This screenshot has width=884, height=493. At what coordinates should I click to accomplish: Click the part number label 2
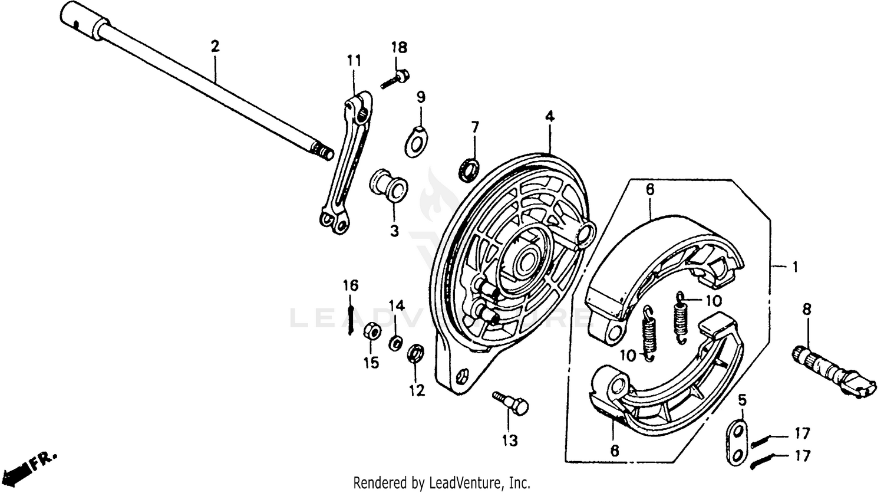pos(215,46)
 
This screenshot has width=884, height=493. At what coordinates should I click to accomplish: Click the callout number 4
pos(549,117)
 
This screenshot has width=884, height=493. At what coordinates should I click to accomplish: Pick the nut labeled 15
pos(371,331)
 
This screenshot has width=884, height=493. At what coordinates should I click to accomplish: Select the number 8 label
pos(806,308)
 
